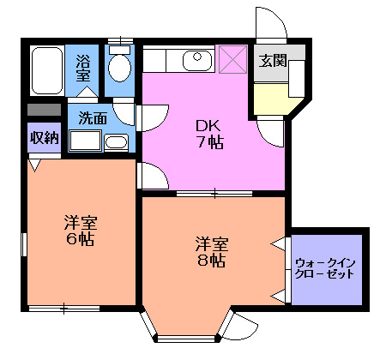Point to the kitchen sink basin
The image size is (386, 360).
pos(196,59)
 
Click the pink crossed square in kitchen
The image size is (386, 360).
pos(232,60)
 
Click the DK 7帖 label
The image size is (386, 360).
pos(208,133)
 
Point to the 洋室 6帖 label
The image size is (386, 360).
pos(80,231)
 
